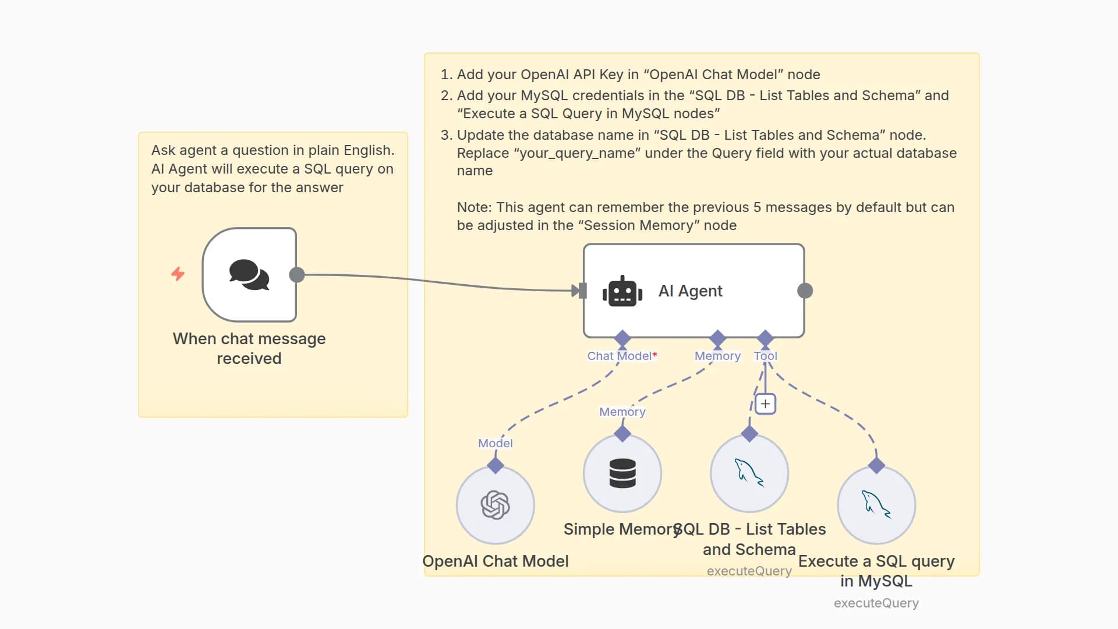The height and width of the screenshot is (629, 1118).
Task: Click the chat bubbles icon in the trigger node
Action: [x=249, y=274]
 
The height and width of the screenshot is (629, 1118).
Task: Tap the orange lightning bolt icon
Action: [x=178, y=274]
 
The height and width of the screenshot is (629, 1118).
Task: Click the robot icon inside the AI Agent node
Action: [x=622, y=291]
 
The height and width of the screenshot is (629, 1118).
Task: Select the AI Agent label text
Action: [x=690, y=291]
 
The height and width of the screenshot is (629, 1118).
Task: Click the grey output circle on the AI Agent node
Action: [x=805, y=291]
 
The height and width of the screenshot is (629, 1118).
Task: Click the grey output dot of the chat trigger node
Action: [x=297, y=275]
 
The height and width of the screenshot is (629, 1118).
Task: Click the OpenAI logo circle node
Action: [x=495, y=505]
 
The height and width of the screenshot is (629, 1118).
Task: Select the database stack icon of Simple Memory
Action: [x=622, y=473]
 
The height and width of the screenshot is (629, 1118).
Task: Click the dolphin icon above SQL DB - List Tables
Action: [x=749, y=473]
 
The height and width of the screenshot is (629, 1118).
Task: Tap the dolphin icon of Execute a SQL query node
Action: [x=876, y=505]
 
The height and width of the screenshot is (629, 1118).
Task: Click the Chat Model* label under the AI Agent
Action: [x=621, y=356]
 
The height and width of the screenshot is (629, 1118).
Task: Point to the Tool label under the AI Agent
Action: [x=765, y=356]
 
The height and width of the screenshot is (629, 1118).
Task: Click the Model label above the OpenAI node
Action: [x=495, y=443]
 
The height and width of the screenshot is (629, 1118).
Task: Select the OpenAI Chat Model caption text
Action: [x=495, y=561]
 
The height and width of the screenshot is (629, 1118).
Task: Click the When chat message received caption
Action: [x=249, y=348]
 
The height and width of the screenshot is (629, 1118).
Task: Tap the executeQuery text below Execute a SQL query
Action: [x=876, y=603]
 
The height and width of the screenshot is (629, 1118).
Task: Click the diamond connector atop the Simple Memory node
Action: [x=622, y=433]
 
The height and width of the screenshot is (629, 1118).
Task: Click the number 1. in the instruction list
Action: [x=446, y=75]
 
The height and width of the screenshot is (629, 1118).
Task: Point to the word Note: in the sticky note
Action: [x=474, y=207]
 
